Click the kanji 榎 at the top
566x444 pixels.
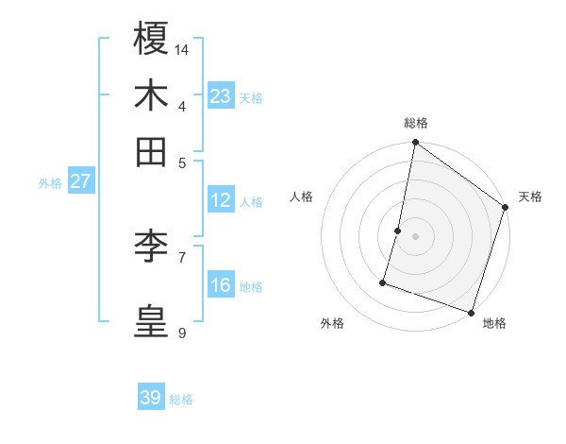point(151,40)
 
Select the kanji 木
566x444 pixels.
point(151,96)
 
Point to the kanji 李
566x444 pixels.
point(151,247)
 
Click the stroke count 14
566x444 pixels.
point(182,48)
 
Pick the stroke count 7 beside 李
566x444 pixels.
point(181,256)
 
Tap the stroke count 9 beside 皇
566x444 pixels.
point(181,332)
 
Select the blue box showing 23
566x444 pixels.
point(221,96)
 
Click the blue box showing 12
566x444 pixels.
point(221,200)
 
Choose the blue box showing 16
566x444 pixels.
point(221,285)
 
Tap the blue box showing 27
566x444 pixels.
point(80,181)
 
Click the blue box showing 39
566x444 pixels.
point(151,398)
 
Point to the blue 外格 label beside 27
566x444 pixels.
point(50,183)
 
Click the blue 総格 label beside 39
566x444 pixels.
point(181,400)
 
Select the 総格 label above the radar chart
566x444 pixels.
point(415,124)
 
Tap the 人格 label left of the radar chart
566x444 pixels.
point(302,196)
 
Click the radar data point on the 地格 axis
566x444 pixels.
point(471,312)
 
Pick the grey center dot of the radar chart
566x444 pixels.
point(415,235)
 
